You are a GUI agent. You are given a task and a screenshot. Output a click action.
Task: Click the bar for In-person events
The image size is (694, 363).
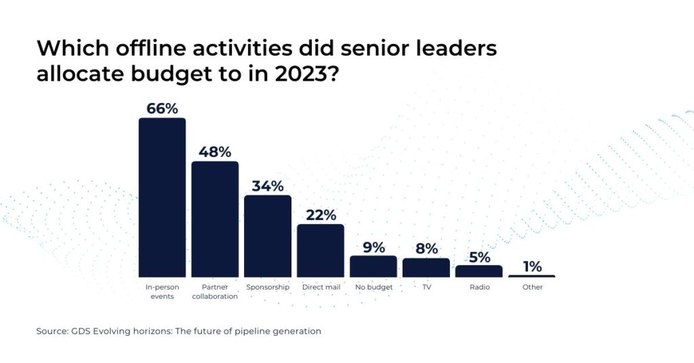[162, 197]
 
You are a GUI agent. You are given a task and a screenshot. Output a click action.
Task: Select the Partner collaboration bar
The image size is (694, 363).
[215, 218]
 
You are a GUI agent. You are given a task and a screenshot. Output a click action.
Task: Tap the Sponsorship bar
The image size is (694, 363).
[268, 236]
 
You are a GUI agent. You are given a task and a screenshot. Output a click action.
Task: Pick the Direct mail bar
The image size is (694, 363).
[321, 250]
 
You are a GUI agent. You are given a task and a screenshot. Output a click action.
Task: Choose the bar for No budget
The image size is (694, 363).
[373, 266]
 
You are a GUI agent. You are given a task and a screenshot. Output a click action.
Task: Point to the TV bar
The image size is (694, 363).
[426, 267]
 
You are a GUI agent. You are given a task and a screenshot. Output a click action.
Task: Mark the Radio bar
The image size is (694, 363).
[479, 271]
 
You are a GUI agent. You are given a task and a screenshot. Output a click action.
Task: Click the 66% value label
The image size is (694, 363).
[162, 109]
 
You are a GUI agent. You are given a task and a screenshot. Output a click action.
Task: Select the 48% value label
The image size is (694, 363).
[215, 151]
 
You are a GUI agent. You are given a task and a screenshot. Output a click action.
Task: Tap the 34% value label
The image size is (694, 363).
[268, 186]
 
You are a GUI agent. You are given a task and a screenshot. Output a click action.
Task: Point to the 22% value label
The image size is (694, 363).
[321, 215]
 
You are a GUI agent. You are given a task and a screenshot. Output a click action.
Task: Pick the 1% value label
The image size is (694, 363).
[532, 266]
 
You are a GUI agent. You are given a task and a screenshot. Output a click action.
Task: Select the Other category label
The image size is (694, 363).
[532, 287]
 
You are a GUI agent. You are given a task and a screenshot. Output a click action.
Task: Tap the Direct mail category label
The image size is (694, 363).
[321, 287]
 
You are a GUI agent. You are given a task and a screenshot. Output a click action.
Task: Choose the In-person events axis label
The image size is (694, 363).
[162, 291]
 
